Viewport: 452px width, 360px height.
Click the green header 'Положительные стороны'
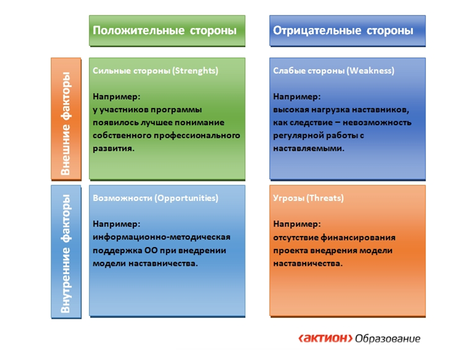click(x=165, y=30)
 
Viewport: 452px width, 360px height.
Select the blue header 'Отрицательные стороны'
click(x=343, y=30)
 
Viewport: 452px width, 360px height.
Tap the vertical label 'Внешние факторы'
click(x=66, y=123)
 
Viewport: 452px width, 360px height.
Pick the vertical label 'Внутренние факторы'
click(x=66, y=254)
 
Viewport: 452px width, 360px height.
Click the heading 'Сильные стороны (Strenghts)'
click(x=155, y=71)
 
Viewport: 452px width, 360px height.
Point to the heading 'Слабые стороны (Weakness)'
click(x=333, y=71)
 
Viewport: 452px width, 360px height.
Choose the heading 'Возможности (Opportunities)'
click(x=155, y=198)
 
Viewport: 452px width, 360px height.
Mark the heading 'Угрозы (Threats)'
click(x=309, y=198)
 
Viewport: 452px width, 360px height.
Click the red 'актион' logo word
click(x=325, y=338)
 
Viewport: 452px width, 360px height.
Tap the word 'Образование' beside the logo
click(x=388, y=338)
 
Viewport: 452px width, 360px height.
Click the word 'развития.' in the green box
click(x=113, y=149)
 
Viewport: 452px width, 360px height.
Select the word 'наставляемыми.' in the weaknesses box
click(x=309, y=149)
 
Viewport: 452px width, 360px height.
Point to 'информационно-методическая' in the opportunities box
click(x=162, y=237)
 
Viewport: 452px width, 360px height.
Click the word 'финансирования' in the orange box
click(x=358, y=238)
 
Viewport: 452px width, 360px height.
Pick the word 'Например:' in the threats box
click(x=297, y=224)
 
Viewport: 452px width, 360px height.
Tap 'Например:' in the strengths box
click(x=116, y=97)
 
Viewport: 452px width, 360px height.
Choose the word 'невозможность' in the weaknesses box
click(x=377, y=122)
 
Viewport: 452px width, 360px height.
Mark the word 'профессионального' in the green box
click(x=197, y=135)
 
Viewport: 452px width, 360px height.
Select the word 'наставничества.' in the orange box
click(x=308, y=263)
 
